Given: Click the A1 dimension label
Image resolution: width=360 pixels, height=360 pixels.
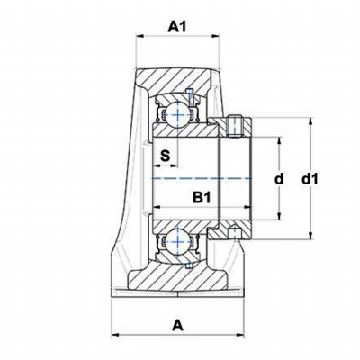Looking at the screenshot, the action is coord(177,27).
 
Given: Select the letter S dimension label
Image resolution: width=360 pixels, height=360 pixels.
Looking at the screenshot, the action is coord(165,156).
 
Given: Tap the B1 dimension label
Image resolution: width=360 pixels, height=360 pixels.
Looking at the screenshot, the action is coord(202,197).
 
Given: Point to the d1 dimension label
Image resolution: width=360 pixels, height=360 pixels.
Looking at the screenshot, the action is coord(310,179).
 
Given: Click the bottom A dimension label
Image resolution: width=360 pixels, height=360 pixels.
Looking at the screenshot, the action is coord(177,325).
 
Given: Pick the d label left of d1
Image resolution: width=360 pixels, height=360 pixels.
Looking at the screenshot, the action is coord(279,179).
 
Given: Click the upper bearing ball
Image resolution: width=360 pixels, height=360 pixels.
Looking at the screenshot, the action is coord(177,114).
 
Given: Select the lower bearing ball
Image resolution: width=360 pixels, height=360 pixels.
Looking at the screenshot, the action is coord(177,240).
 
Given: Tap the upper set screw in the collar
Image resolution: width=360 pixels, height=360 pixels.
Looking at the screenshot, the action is coord(236,126).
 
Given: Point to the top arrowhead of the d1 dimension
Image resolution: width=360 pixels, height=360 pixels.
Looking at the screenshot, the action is coord(311,121).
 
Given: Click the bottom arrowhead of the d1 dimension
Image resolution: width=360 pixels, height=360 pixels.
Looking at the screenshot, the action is coord(311,236).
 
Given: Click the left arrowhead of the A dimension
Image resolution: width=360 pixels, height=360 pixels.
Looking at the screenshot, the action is coord(115,335).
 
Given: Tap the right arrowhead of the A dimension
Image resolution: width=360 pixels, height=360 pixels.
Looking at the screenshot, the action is coord(241,335).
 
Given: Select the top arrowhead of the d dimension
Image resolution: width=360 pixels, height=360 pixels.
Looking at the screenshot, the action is coord(280,141).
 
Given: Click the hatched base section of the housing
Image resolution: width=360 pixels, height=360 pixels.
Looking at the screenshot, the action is coord(178,279).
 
